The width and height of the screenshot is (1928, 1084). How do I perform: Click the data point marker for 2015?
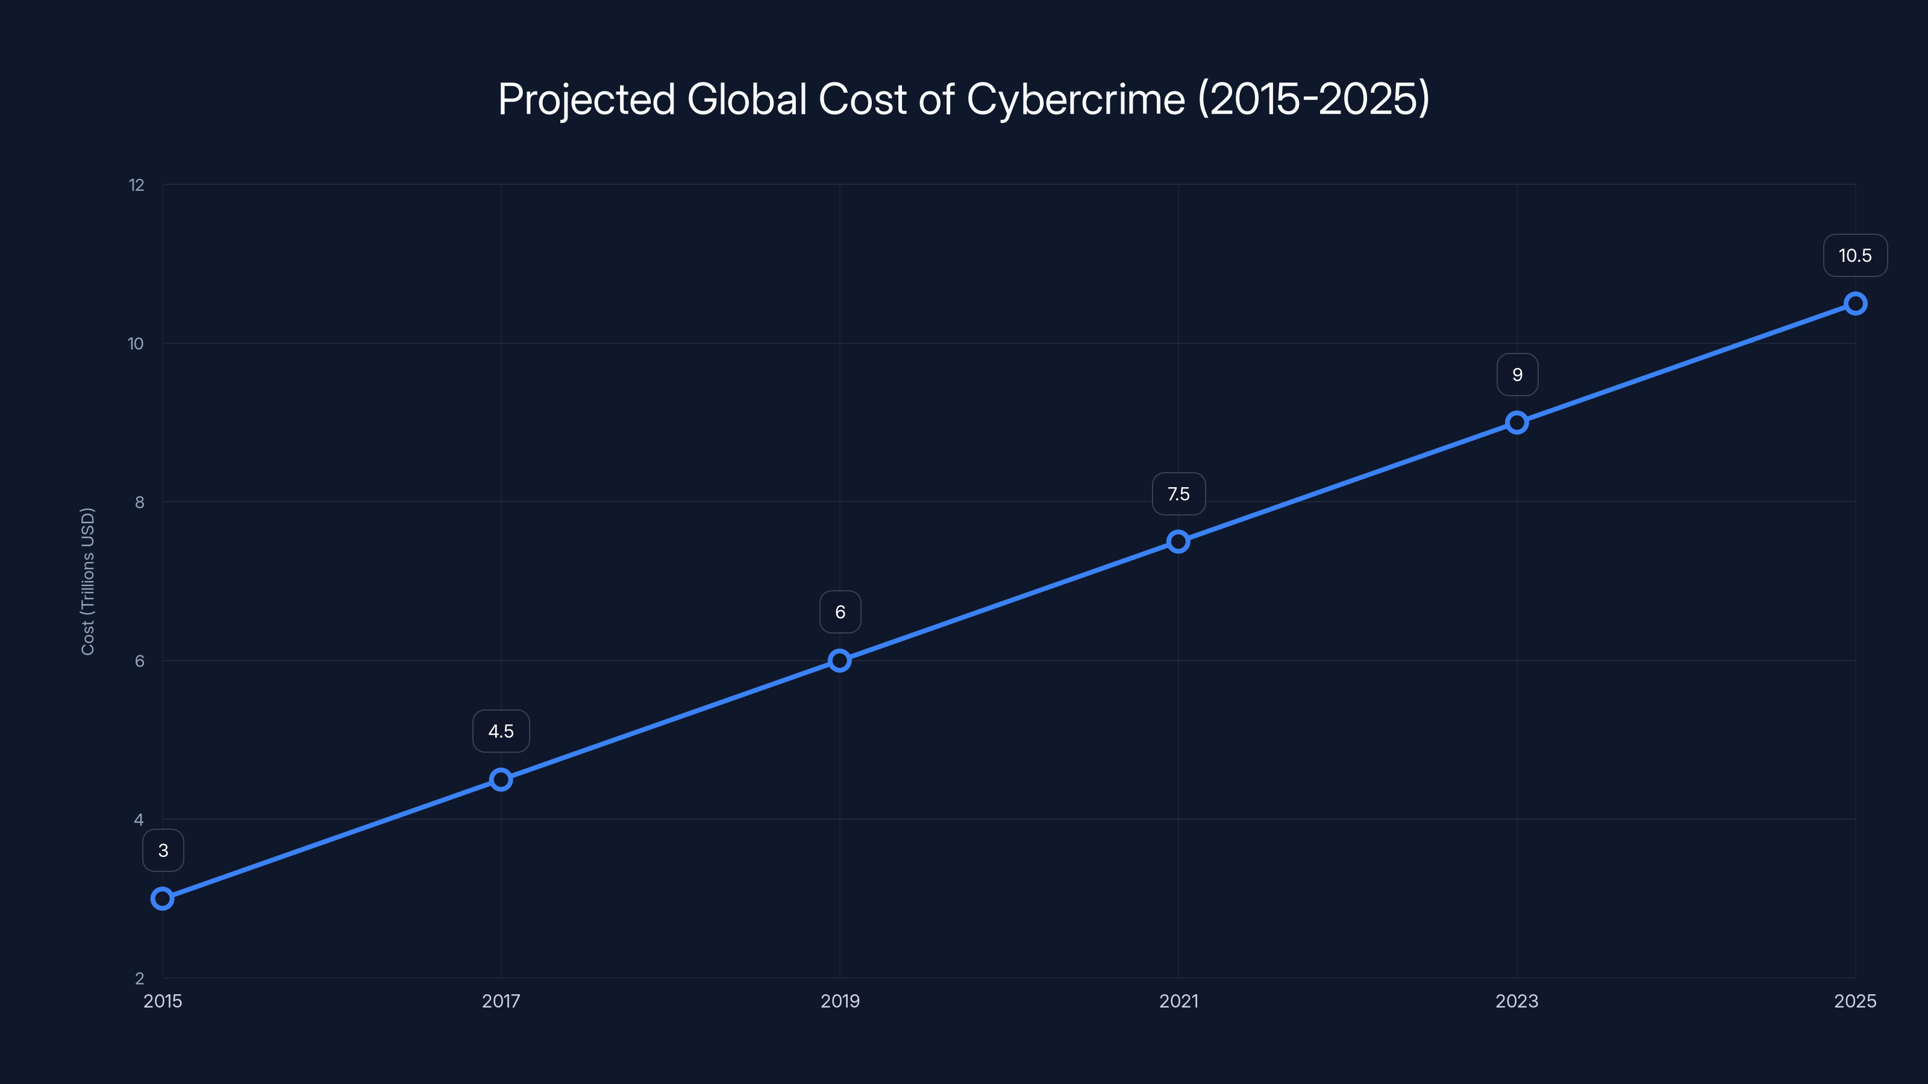click(163, 899)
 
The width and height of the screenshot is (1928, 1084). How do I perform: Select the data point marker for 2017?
click(501, 779)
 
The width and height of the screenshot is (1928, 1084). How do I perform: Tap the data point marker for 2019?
click(840, 661)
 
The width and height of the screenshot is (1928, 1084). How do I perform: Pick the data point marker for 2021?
click(1178, 541)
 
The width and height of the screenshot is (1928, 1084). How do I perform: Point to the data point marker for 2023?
click(1517, 423)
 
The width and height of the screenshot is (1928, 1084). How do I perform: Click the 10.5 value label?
click(1854, 256)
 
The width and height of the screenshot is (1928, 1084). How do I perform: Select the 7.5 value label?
click(1178, 494)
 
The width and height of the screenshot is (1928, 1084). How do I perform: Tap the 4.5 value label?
click(501, 731)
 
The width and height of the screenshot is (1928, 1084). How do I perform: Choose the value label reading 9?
click(1517, 375)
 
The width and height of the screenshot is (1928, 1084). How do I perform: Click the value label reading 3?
click(163, 850)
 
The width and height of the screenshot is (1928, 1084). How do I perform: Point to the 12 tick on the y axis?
click(136, 185)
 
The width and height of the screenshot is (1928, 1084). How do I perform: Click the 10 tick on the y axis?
click(136, 343)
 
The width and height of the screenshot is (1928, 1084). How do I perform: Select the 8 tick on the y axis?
click(139, 502)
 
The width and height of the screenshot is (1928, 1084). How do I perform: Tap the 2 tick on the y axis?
click(139, 979)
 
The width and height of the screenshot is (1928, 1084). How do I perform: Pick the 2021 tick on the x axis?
click(1178, 1001)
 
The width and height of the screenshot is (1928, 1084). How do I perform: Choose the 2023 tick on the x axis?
click(1516, 1001)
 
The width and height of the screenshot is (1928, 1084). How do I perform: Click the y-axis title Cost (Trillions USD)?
click(87, 581)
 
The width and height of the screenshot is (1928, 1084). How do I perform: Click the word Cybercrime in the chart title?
click(1075, 99)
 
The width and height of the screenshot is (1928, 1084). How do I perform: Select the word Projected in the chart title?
click(587, 99)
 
